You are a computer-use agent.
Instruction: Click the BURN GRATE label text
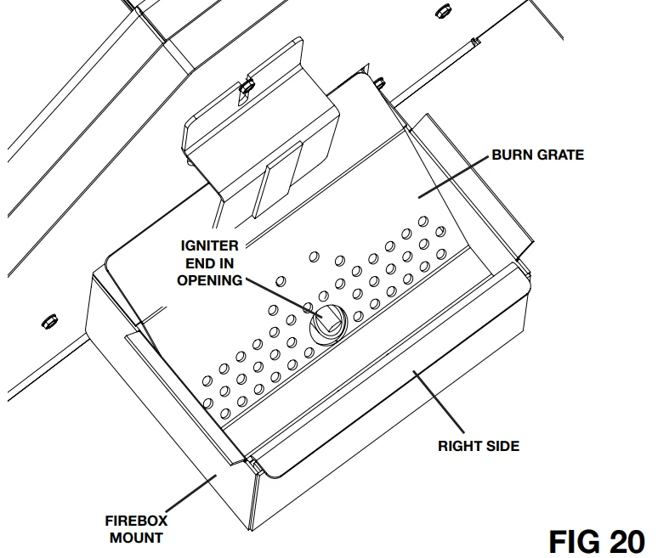pyautogui.click(x=538, y=155)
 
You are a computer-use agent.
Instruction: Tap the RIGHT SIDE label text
pyautogui.click(x=479, y=445)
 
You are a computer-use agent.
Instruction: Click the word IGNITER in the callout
pyautogui.click(x=209, y=246)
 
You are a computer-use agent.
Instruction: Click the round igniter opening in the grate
pyautogui.click(x=326, y=324)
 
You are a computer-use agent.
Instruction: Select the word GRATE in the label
pyautogui.click(x=561, y=155)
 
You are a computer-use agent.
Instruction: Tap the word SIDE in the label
pyautogui.click(x=501, y=445)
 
